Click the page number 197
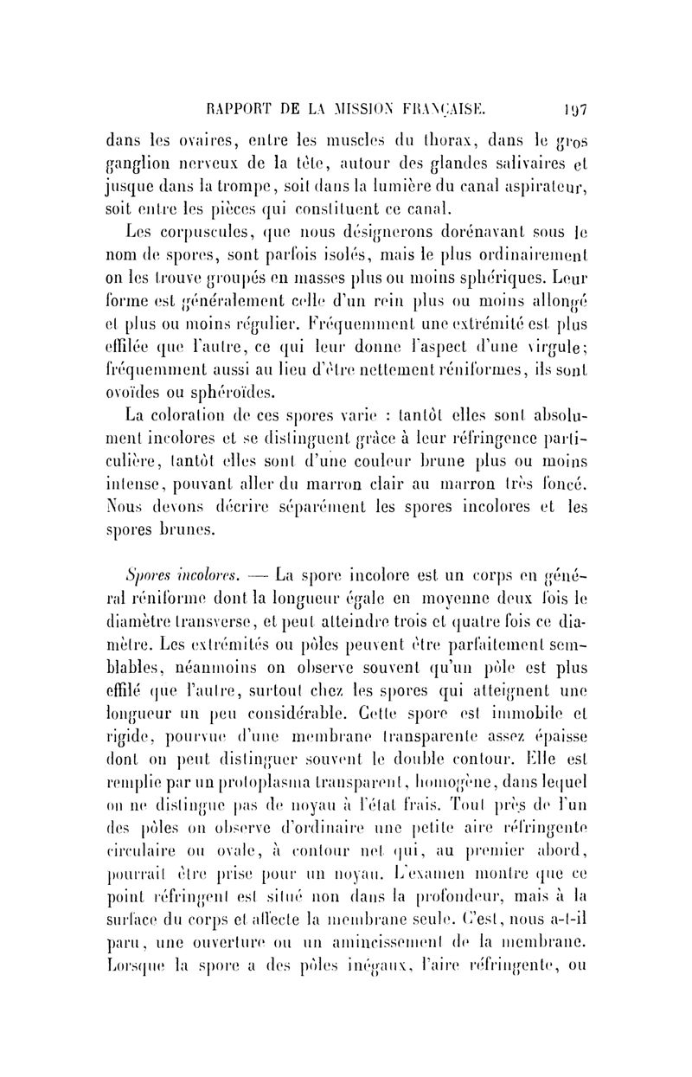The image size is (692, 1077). point(575,110)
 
